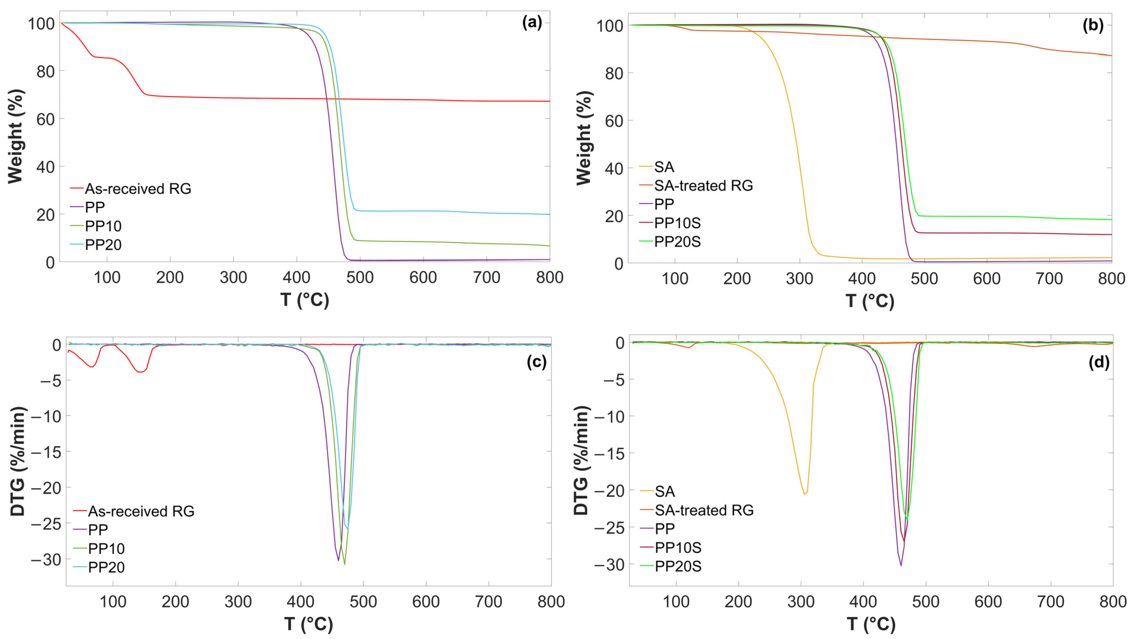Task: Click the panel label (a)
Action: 532,22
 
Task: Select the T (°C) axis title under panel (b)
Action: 870,301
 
